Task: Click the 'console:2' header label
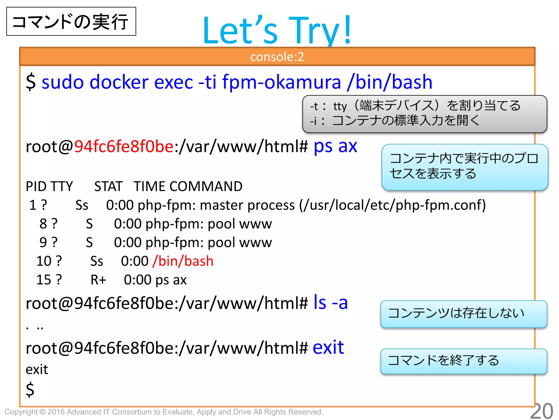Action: [277, 57]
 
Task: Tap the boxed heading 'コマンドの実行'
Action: [71, 22]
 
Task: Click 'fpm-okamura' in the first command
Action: [281, 82]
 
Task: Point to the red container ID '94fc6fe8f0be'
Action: [124, 147]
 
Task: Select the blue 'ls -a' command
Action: [331, 303]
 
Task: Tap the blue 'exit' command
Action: [328, 348]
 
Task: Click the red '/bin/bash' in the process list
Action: [183, 261]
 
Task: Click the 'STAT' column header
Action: [108, 187]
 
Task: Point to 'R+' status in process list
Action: [98, 280]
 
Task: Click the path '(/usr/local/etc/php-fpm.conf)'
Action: [392, 205]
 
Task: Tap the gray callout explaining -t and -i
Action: [424, 114]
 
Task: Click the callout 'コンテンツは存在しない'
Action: [463, 314]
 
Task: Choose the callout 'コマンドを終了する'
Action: [463, 361]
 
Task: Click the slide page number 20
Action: [542, 411]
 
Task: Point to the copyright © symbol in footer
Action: [42, 412]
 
